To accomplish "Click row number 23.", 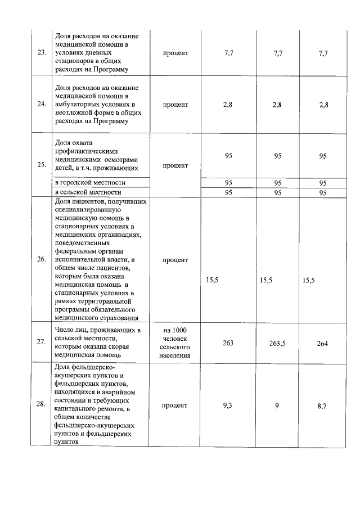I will (41, 53).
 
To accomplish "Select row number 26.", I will (41, 259).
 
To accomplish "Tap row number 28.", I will (41, 406).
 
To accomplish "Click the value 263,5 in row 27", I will (277, 343).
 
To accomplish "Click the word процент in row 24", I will (175, 105).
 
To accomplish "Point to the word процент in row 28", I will (175, 405).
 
